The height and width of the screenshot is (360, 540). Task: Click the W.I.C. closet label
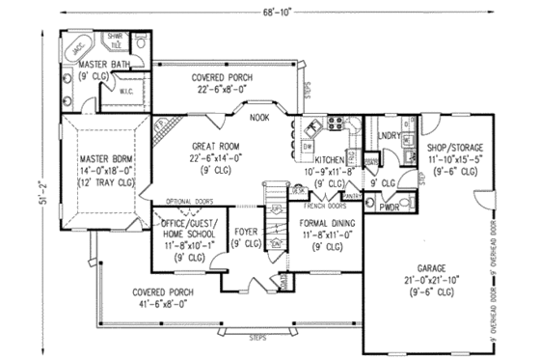[126, 93]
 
